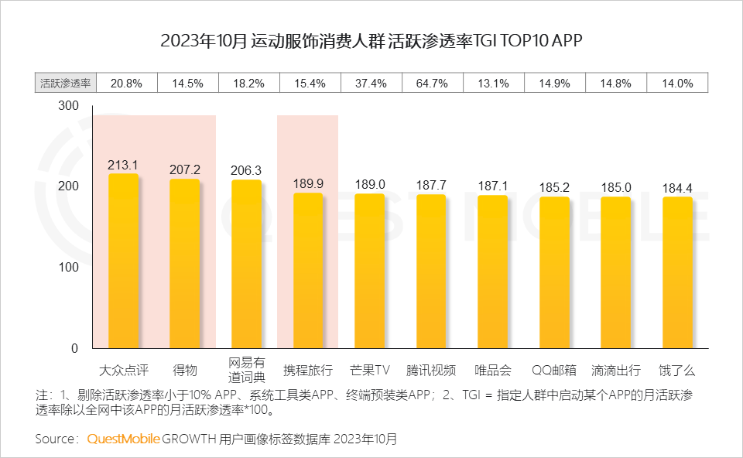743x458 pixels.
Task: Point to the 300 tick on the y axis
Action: pos(69,106)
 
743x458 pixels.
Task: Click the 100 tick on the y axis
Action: pos(69,268)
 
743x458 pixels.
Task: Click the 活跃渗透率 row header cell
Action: pos(65,84)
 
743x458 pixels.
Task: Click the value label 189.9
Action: pos(308,184)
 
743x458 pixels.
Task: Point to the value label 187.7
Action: pos(431,185)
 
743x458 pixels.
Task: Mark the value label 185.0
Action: pos(616,187)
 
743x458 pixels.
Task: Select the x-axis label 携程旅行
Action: pos(308,369)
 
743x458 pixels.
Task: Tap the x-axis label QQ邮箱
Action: pos(554,369)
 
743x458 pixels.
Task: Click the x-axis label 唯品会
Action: pos(492,369)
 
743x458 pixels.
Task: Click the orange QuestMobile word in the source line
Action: pos(124,439)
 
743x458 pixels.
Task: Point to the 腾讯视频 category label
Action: pos(431,369)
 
